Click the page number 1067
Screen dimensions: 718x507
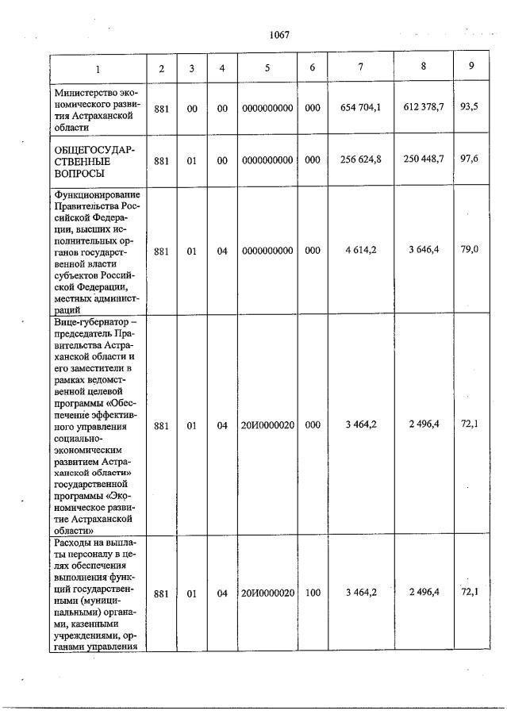pos(279,34)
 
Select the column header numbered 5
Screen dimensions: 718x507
pos(267,68)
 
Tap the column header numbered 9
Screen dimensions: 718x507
pos(471,66)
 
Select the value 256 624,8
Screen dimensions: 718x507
pos(361,159)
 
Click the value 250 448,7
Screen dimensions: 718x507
pos(424,159)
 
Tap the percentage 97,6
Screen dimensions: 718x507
pos(470,159)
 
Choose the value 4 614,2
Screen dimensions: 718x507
pos(361,251)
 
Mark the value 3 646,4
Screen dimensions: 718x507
pos(424,251)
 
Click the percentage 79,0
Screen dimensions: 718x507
pos(470,251)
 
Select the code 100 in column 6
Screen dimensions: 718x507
pos(313,593)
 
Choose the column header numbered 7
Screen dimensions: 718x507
pos(361,67)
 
